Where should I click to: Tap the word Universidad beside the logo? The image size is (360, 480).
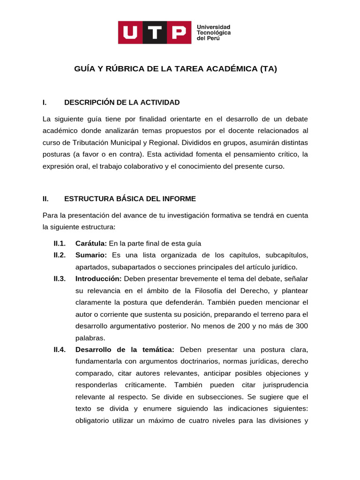click(213, 27)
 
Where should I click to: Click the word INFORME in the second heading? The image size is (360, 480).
click(178, 199)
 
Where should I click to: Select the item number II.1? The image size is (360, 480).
click(60, 243)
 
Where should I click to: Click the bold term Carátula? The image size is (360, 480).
click(91, 243)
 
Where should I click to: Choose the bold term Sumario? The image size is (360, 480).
click(91, 255)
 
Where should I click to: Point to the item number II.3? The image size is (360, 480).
click(60, 278)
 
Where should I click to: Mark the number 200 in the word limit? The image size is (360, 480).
click(250, 326)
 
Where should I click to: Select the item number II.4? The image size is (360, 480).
click(60, 350)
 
